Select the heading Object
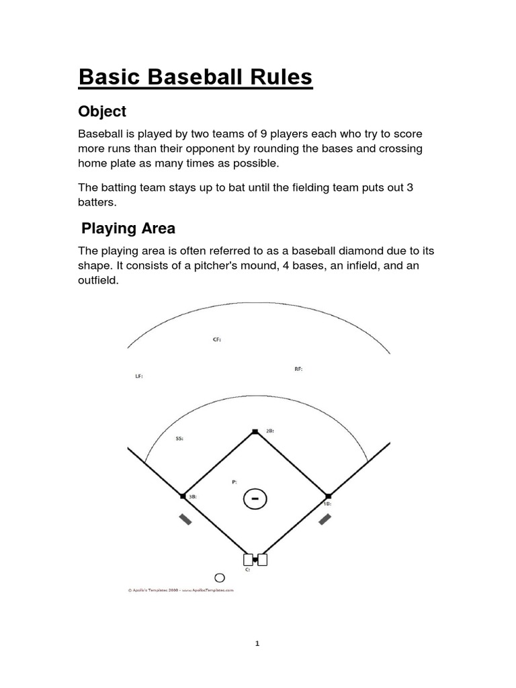click(x=102, y=111)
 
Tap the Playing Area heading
click(x=128, y=228)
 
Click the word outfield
click(x=98, y=281)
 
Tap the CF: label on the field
click(x=216, y=340)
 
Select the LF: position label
click(x=139, y=376)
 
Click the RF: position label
click(x=298, y=369)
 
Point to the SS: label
click(x=179, y=438)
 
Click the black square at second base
click(x=255, y=431)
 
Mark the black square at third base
click(x=183, y=496)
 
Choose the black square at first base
click(x=327, y=496)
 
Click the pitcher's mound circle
click(x=254, y=499)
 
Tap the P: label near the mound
click(x=234, y=482)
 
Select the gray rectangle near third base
click(x=185, y=519)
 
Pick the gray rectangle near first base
click(x=325, y=519)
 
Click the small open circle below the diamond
click(x=219, y=577)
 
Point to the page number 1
click(x=257, y=643)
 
